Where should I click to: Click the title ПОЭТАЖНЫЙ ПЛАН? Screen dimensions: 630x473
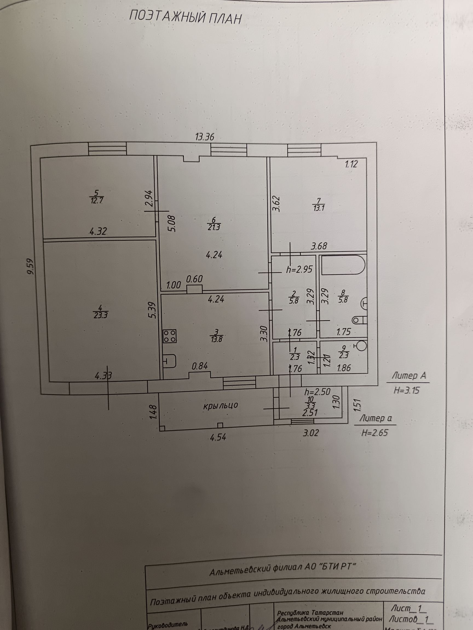[x=185, y=18]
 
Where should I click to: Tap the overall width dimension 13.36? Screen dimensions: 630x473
[x=204, y=137]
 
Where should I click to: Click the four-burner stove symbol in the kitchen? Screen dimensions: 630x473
[x=170, y=336]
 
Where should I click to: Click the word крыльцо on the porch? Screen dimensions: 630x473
[x=221, y=406]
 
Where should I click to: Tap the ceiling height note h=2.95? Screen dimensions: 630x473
[x=299, y=269]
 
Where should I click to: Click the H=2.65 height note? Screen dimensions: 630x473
[x=375, y=433]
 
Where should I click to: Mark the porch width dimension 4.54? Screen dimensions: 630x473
[x=218, y=437]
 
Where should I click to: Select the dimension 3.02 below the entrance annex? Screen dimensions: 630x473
[x=310, y=433]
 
